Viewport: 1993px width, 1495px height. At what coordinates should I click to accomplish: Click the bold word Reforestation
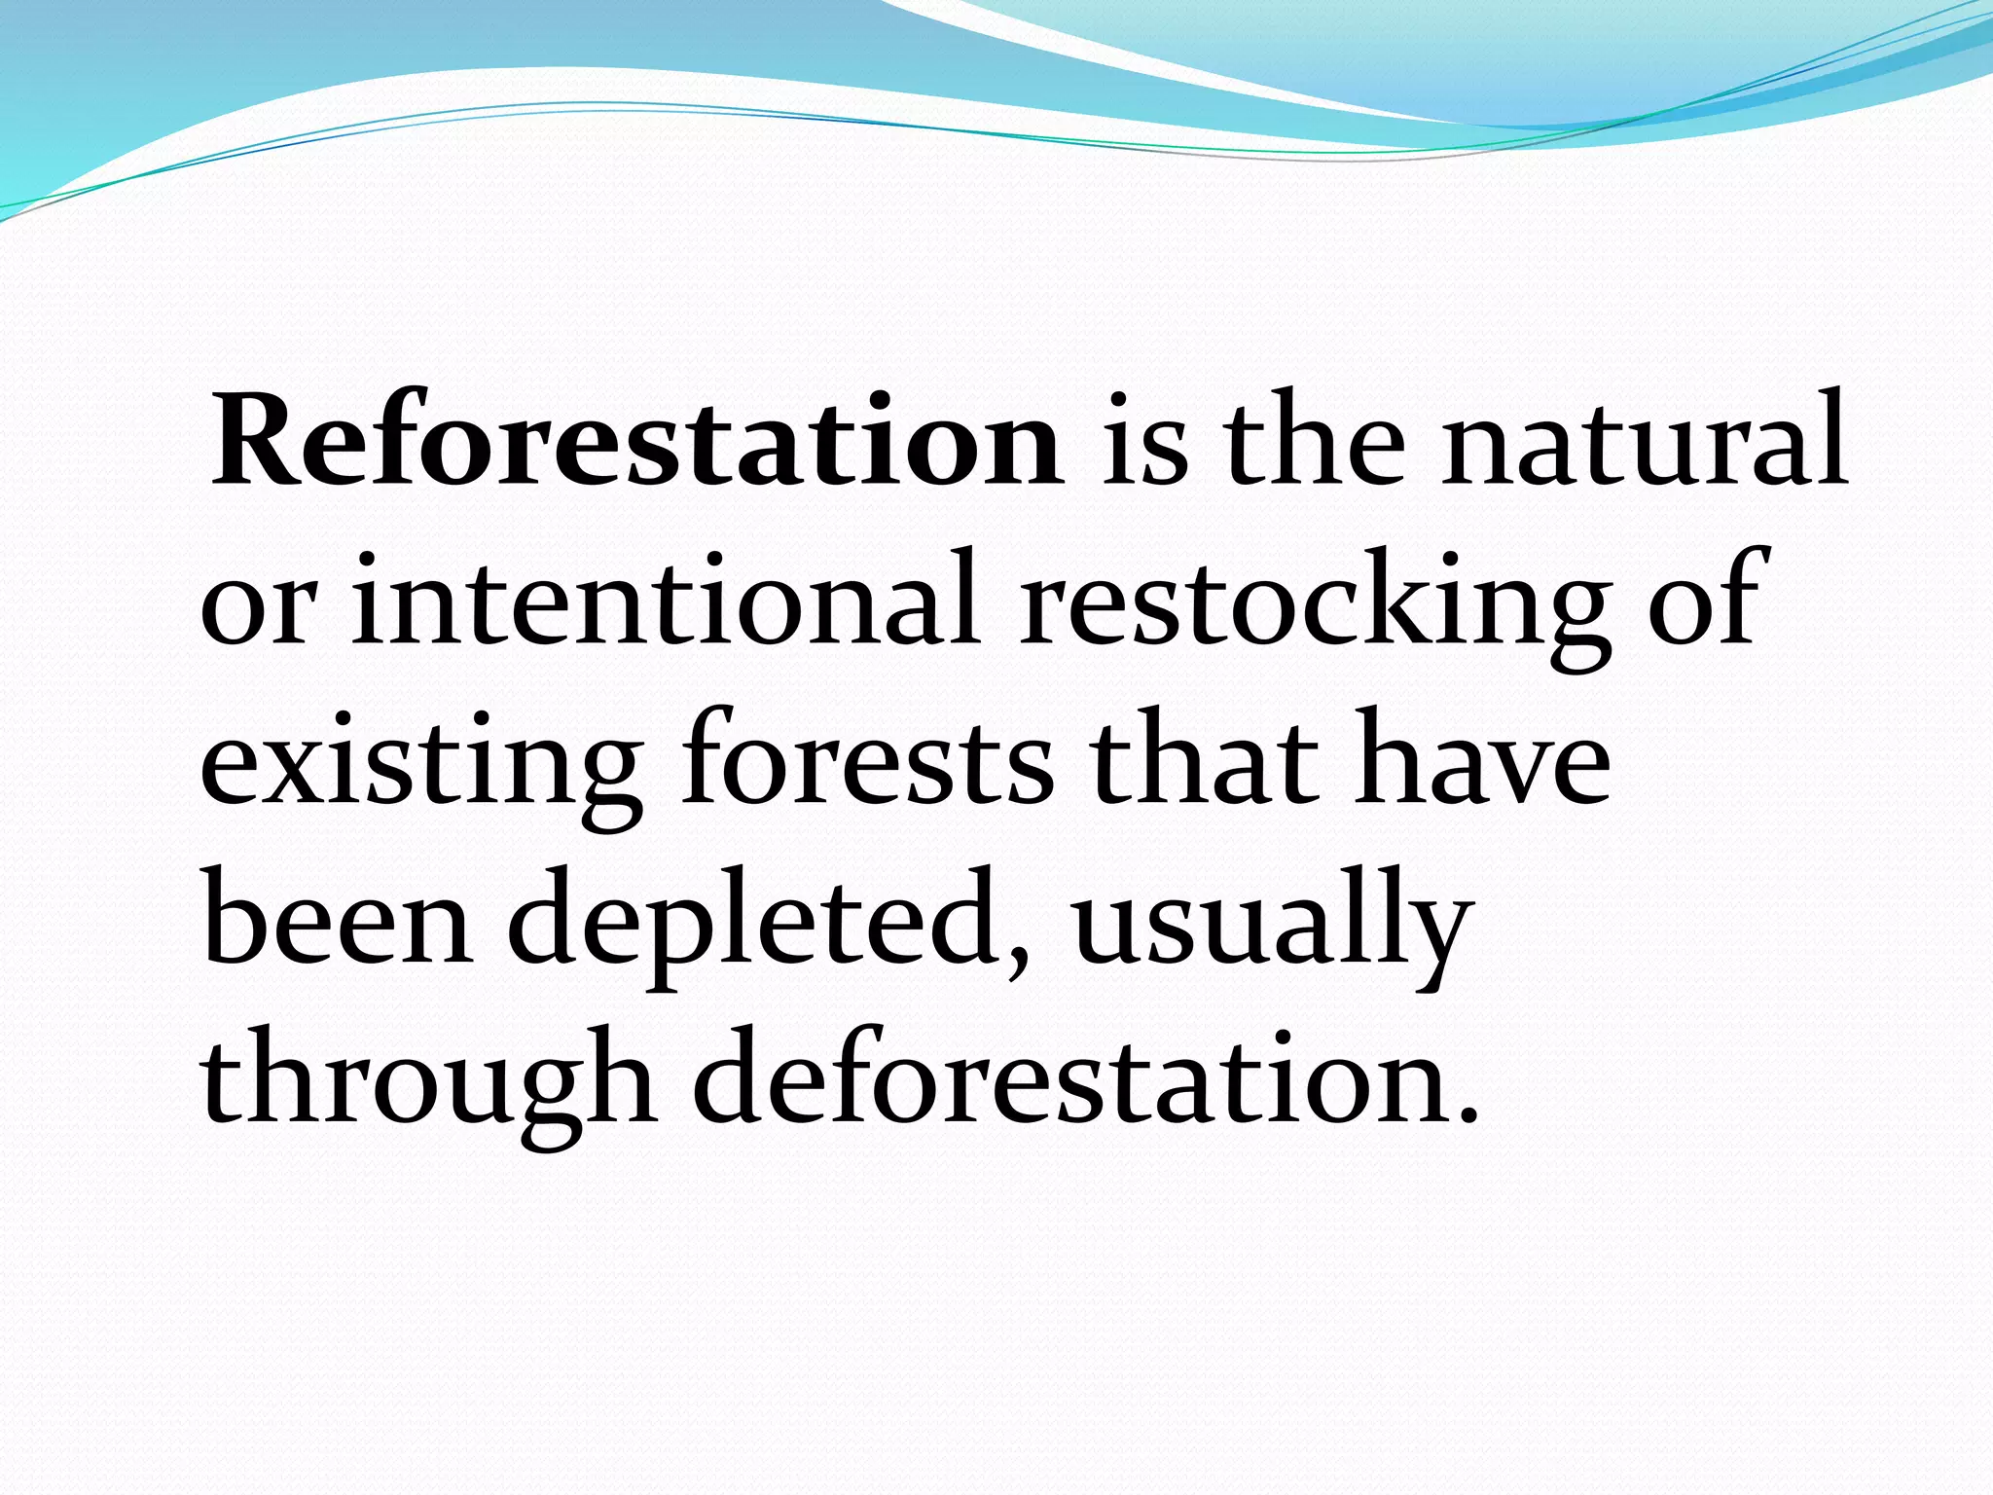(637, 443)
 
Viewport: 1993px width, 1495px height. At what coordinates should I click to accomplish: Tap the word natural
(1643, 443)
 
